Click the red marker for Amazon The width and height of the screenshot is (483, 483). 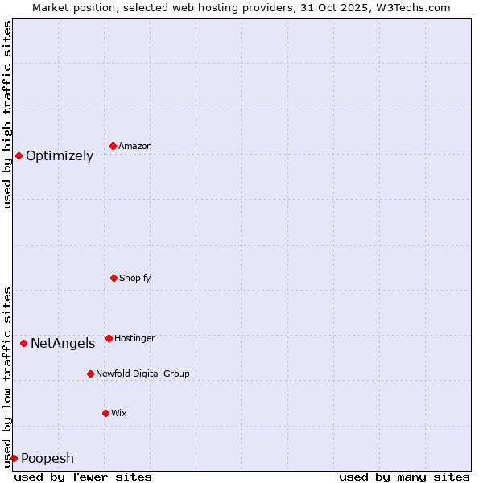point(113,146)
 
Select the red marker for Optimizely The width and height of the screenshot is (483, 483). point(19,155)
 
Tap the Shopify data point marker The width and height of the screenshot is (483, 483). point(114,278)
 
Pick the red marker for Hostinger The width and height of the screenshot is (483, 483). point(109,338)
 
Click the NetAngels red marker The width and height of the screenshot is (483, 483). point(23,343)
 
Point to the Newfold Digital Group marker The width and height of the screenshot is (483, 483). point(90,374)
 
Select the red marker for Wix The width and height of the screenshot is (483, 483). point(105,413)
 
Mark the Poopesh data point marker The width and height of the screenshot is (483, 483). point(14,458)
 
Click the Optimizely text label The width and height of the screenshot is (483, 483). point(60,156)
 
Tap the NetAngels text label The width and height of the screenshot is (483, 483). point(63,344)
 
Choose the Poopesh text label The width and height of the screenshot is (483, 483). point(47,459)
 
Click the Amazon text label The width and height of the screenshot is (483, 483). point(135,147)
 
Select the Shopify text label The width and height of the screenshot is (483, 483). point(135,279)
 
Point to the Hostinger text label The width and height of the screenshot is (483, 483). point(134,339)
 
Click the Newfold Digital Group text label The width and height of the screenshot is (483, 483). point(142,374)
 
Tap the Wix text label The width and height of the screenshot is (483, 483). point(119,414)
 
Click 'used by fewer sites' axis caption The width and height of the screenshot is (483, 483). point(83,477)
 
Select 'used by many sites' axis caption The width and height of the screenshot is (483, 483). point(404,477)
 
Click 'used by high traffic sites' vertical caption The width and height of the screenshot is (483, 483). point(7,114)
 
